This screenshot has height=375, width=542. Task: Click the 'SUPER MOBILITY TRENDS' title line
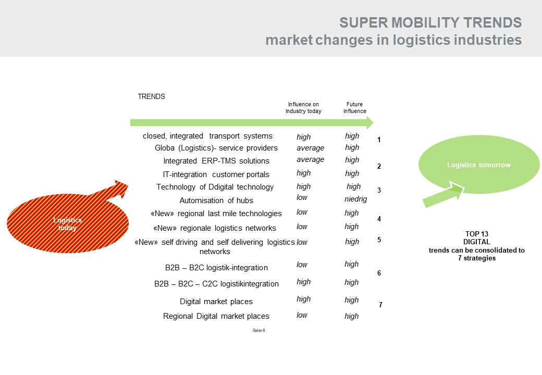(x=430, y=23)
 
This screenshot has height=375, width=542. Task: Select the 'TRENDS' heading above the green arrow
(x=152, y=97)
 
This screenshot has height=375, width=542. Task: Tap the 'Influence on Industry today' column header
(x=303, y=108)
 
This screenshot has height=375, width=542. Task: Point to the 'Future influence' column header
(x=355, y=108)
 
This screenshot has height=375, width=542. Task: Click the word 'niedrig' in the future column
(x=355, y=199)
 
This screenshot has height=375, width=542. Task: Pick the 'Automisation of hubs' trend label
(x=216, y=201)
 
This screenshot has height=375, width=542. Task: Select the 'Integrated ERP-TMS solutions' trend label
(x=216, y=161)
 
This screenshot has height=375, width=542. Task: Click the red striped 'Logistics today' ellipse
(x=68, y=223)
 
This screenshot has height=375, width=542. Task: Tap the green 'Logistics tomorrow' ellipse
(x=479, y=165)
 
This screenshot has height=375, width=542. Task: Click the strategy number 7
(x=380, y=305)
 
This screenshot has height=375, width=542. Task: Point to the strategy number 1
(x=379, y=140)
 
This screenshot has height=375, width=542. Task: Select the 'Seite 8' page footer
(x=259, y=330)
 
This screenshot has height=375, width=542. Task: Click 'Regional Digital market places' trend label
(x=216, y=316)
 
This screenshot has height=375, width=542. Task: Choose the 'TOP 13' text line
(x=477, y=234)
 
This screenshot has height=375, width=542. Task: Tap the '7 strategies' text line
(x=477, y=258)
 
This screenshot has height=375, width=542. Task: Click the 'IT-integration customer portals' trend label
(x=216, y=174)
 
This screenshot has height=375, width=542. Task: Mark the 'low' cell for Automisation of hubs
(x=302, y=197)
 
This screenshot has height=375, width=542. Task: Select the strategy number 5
(x=379, y=240)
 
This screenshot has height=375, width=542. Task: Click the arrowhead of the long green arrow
(x=370, y=122)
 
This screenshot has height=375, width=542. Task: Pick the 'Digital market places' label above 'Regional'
(x=216, y=302)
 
